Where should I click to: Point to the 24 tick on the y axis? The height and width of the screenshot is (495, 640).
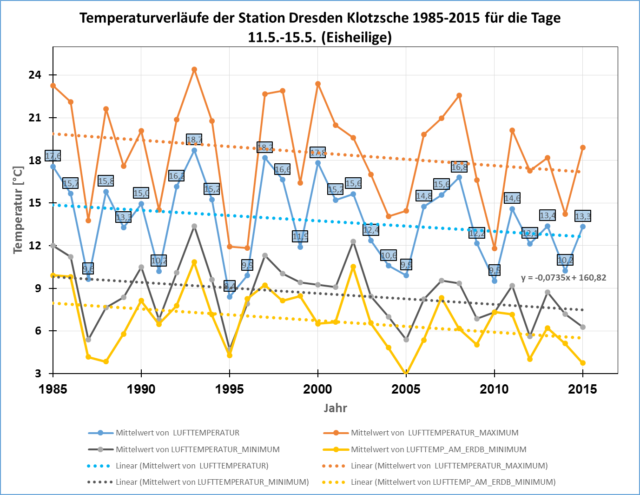click(35, 75)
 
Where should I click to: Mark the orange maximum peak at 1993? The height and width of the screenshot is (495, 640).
click(194, 69)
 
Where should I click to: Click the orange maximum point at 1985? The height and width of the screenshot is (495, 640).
click(53, 85)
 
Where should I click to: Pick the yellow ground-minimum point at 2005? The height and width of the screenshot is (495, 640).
click(406, 373)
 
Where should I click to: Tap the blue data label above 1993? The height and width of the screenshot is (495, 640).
click(194, 139)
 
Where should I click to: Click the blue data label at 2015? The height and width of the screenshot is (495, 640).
click(583, 216)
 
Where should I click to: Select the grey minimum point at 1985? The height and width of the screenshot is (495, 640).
click(53, 245)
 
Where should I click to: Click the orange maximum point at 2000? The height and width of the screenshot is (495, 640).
click(318, 83)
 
